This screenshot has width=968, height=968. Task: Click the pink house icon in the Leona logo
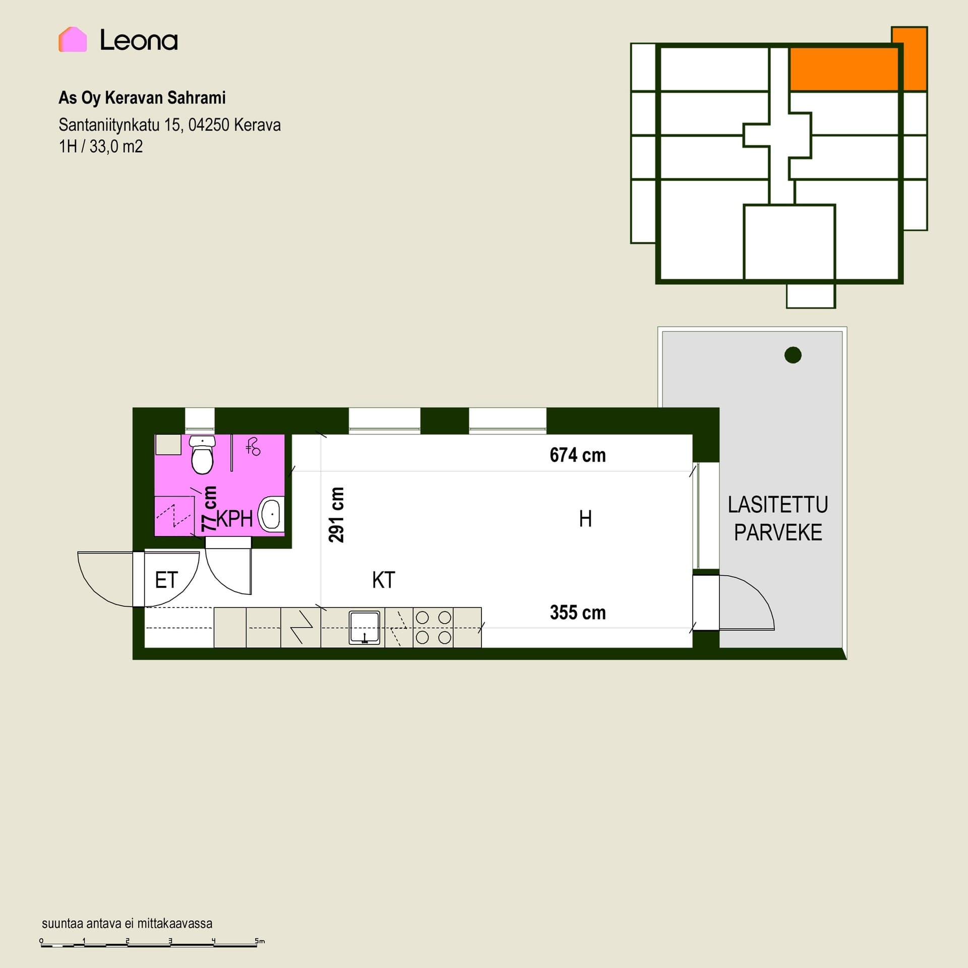[73, 39]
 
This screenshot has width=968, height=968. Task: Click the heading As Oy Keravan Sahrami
[142, 97]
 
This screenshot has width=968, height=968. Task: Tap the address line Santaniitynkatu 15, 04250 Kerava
[169, 125]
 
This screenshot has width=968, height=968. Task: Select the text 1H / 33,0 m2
[101, 147]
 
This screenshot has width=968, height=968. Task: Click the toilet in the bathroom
[202, 454]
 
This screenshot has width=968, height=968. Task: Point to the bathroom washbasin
[271, 513]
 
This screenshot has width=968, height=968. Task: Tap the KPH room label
[234, 519]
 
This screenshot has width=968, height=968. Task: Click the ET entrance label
[166, 580]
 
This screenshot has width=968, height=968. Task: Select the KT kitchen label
[384, 580]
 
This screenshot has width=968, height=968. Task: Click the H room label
[585, 519]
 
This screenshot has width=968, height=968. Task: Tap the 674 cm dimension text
[578, 455]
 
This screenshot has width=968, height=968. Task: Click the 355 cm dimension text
[578, 613]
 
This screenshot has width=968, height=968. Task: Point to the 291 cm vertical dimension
[336, 514]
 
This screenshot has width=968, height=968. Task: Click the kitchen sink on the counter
[365, 628]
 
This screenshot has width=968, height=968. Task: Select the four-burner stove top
[433, 628]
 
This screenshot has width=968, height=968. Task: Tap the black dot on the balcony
[793, 355]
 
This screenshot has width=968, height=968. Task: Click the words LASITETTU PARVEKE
[778, 519]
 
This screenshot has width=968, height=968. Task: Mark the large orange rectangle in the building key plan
[844, 70]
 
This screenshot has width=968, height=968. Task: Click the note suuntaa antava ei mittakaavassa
[127, 923]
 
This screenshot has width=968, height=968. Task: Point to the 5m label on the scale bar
[260, 941]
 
